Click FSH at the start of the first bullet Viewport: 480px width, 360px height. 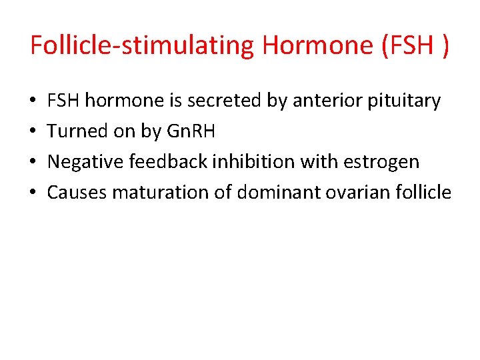(x=64, y=101)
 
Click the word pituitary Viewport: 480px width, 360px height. (x=407, y=101)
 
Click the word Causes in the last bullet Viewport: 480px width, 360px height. (x=77, y=193)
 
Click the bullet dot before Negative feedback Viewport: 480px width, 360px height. (x=33, y=163)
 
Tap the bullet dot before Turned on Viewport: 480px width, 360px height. (x=33, y=132)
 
